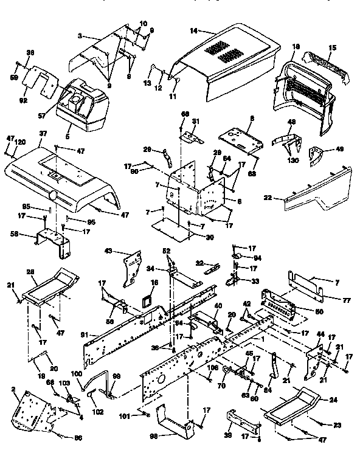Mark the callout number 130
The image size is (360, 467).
tap(291, 160)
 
